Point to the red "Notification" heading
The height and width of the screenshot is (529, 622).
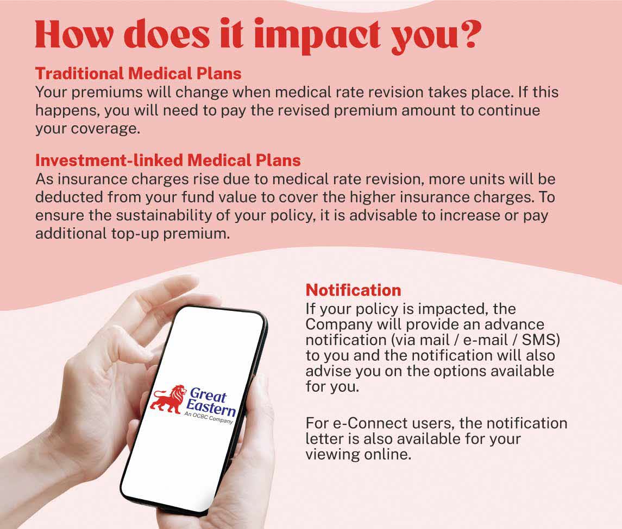[353, 290]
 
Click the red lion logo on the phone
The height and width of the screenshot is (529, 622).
[168, 400]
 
